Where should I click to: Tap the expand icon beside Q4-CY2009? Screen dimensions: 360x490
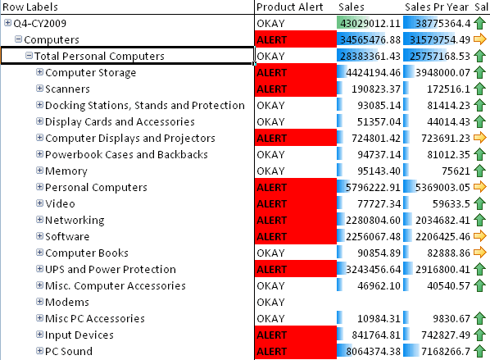click(7, 24)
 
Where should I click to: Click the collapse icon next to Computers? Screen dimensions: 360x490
click(18, 40)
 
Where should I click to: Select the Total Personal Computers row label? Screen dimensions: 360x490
click(99, 57)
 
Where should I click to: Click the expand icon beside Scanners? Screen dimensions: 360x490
click(39, 89)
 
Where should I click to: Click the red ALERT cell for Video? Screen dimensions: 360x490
click(295, 204)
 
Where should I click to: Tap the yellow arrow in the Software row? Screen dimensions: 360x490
click(479, 237)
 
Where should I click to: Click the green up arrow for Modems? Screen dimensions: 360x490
click(479, 303)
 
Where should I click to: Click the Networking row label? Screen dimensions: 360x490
click(75, 221)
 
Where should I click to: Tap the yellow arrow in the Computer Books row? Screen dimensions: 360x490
click(479, 253)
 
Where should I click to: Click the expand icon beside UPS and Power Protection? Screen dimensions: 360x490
click(39, 270)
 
